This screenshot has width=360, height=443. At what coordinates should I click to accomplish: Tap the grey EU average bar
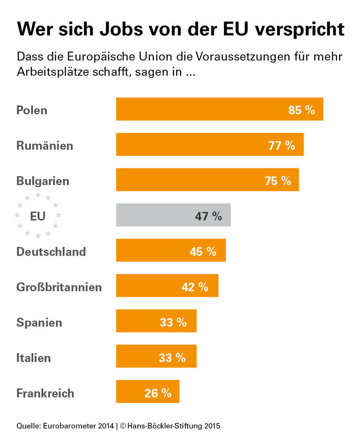click(173, 215)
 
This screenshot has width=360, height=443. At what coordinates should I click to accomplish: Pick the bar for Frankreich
click(148, 391)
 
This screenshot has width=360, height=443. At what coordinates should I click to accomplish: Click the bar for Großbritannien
click(167, 286)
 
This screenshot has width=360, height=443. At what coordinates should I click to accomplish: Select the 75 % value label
click(278, 181)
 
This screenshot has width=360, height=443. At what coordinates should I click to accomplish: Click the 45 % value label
click(203, 251)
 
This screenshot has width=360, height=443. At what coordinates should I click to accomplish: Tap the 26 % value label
click(158, 393)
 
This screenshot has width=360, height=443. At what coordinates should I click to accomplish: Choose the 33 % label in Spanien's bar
click(173, 322)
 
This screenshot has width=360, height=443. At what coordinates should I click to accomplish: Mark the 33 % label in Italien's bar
click(172, 358)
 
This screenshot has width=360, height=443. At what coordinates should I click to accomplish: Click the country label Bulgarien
click(43, 181)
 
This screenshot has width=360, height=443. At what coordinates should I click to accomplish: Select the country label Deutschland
click(51, 251)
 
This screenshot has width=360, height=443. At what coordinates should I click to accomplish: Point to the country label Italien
click(33, 358)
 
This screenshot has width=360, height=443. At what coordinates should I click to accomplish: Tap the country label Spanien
click(39, 322)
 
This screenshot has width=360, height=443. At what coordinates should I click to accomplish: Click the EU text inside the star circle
click(37, 216)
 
